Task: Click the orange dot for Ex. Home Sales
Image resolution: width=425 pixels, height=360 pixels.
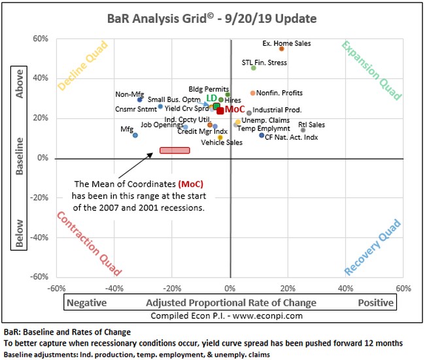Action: coord(282,49)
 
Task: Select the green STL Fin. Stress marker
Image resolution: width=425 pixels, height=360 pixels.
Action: coord(254,68)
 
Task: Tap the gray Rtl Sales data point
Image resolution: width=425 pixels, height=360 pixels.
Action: coord(303,130)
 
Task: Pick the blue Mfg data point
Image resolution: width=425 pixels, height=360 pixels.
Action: coord(135,135)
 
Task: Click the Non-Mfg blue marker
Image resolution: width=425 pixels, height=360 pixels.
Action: coord(140,99)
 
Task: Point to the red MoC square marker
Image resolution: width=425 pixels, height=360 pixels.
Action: coord(220,110)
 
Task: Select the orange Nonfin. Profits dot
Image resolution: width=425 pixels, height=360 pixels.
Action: coord(253,93)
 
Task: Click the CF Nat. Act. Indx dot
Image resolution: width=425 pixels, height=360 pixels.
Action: coord(262,135)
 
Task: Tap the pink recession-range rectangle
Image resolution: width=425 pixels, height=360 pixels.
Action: coord(175,150)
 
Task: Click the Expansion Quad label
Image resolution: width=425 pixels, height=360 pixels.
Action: coord(370,71)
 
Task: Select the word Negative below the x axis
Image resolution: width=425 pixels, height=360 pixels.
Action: coord(87,303)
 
